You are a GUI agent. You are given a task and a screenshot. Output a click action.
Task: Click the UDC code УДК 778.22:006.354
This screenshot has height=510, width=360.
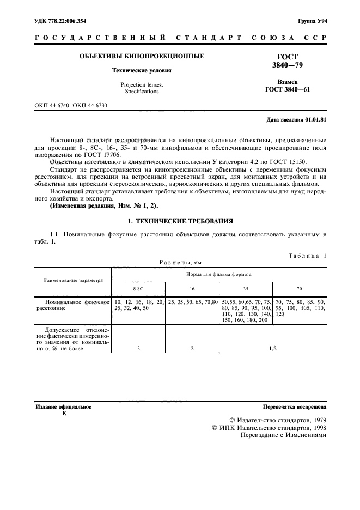[60, 21]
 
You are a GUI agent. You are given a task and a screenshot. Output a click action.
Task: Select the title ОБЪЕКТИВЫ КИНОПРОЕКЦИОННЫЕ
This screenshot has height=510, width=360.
[142, 57]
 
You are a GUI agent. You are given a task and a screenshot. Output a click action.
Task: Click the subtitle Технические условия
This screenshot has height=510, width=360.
[142, 71]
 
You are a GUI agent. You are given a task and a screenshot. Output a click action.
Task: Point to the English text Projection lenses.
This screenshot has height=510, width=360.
[142, 84]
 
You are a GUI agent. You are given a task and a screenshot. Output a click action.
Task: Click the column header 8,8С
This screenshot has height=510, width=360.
[139, 289]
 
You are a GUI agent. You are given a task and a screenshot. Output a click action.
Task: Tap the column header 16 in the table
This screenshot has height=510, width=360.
[192, 289]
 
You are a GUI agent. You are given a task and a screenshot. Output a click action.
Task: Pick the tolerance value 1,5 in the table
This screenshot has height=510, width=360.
[272, 348]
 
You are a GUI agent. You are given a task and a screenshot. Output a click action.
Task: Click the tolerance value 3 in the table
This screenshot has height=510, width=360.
[139, 348]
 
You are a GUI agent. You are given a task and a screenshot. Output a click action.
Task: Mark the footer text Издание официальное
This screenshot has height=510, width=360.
[63, 406]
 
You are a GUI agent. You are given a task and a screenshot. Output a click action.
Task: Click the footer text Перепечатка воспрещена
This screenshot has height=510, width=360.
[294, 406]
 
